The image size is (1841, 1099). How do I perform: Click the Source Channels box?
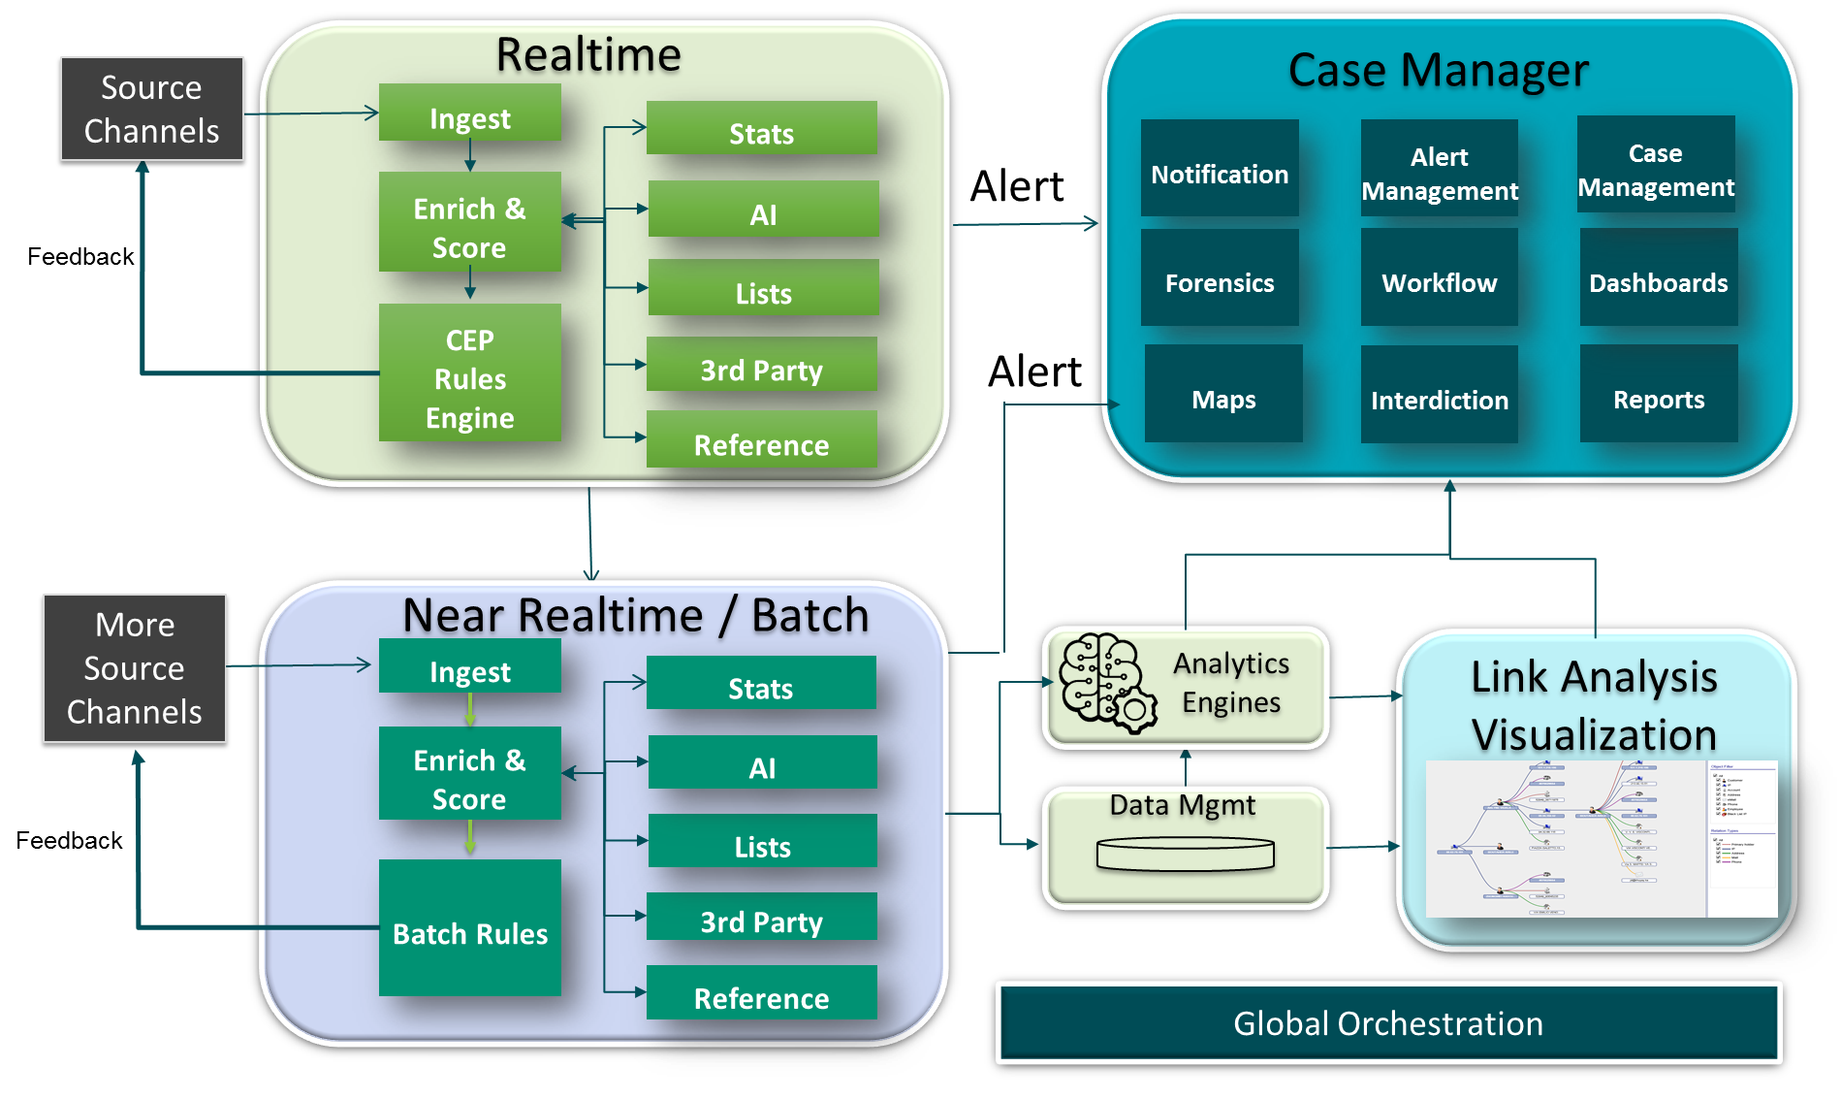(151, 109)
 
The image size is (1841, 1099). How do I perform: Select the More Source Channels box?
(135, 668)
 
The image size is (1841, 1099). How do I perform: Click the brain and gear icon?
(1106, 683)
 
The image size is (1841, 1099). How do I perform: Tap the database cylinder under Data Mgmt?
(1185, 855)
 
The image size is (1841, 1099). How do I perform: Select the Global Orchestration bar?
(1388, 1023)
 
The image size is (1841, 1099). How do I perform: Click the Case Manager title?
(1438, 71)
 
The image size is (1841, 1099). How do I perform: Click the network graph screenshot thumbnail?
(1601, 839)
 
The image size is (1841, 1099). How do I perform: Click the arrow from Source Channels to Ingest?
(310, 113)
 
